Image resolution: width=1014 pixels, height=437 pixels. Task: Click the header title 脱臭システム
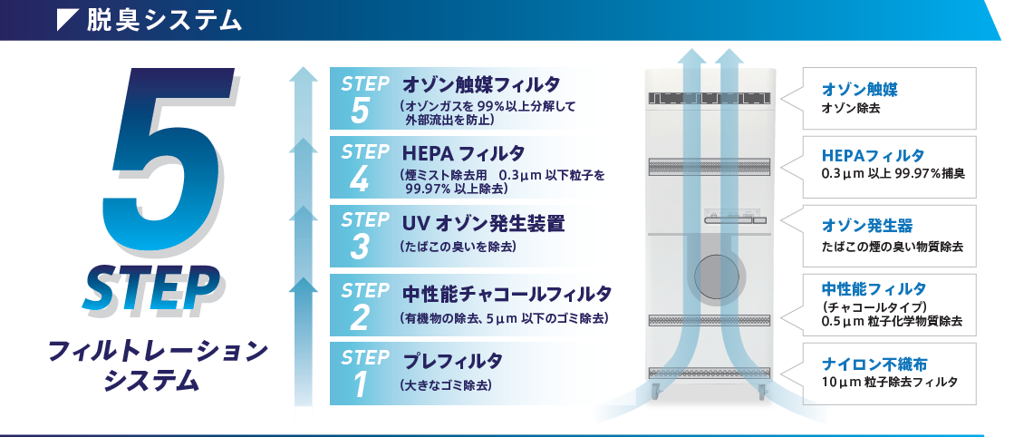164,21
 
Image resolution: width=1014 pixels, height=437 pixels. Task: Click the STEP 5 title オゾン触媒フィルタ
481,85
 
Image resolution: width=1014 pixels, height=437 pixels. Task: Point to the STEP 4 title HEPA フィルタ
463,154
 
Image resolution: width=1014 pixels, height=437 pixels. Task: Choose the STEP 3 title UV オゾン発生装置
483,224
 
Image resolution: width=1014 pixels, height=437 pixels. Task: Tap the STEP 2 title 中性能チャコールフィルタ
507,295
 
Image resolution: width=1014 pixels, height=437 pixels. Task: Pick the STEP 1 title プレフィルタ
452,361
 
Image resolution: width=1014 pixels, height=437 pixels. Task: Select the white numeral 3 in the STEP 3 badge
360,247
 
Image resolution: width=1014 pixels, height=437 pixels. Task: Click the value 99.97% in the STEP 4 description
428,189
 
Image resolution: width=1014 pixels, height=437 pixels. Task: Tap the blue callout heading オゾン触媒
859,90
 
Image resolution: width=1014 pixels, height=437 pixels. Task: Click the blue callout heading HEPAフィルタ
873,155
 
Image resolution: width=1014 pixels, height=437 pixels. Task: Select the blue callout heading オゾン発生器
866,225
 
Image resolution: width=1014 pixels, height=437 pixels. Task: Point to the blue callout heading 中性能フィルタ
874,288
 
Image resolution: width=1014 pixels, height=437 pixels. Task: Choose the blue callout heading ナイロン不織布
874,364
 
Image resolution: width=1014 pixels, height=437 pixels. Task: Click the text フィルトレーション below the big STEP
158,352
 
